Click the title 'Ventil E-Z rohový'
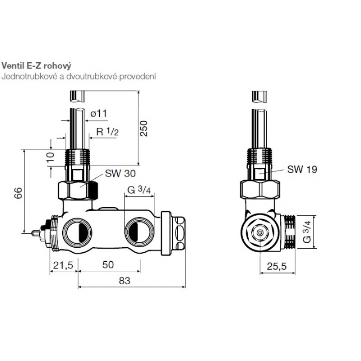click(37, 66)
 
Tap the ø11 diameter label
click(98, 114)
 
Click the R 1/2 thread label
click(107, 132)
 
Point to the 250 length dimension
click(143, 129)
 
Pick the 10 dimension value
click(50, 157)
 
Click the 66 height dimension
click(18, 193)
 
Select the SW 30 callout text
click(120, 173)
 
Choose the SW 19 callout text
click(302, 170)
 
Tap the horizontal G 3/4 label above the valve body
click(139, 190)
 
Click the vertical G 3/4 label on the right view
click(307, 232)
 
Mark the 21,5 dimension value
click(63, 265)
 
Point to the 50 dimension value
click(108, 265)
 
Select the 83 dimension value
click(125, 281)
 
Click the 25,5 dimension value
click(277, 266)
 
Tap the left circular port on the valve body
click(77, 232)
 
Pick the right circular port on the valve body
click(139, 232)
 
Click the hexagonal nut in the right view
click(260, 232)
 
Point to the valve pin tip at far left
click(32, 233)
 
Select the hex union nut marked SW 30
click(78, 190)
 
